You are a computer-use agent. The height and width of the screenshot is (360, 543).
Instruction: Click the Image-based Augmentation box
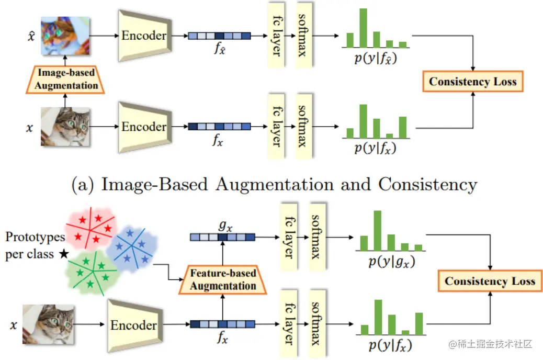click(x=66, y=80)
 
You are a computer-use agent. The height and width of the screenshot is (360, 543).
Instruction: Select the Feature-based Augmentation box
click(x=223, y=279)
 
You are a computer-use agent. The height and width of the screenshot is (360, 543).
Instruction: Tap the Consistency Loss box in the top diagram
click(x=472, y=82)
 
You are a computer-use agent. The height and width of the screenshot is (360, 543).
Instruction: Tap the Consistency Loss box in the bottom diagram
click(x=490, y=281)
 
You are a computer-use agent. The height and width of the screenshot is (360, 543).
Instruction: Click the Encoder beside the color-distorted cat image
click(x=144, y=36)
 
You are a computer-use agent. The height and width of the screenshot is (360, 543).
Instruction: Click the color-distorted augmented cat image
click(x=66, y=36)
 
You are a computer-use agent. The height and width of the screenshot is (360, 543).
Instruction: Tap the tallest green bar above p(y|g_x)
click(x=377, y=230)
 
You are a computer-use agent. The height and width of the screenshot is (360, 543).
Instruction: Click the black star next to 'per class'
click(x=63, y=254)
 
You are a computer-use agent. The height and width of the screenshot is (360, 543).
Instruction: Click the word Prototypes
click(x=35, y=237)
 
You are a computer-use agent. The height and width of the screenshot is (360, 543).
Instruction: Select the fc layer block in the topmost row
click(x=275, y=35)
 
